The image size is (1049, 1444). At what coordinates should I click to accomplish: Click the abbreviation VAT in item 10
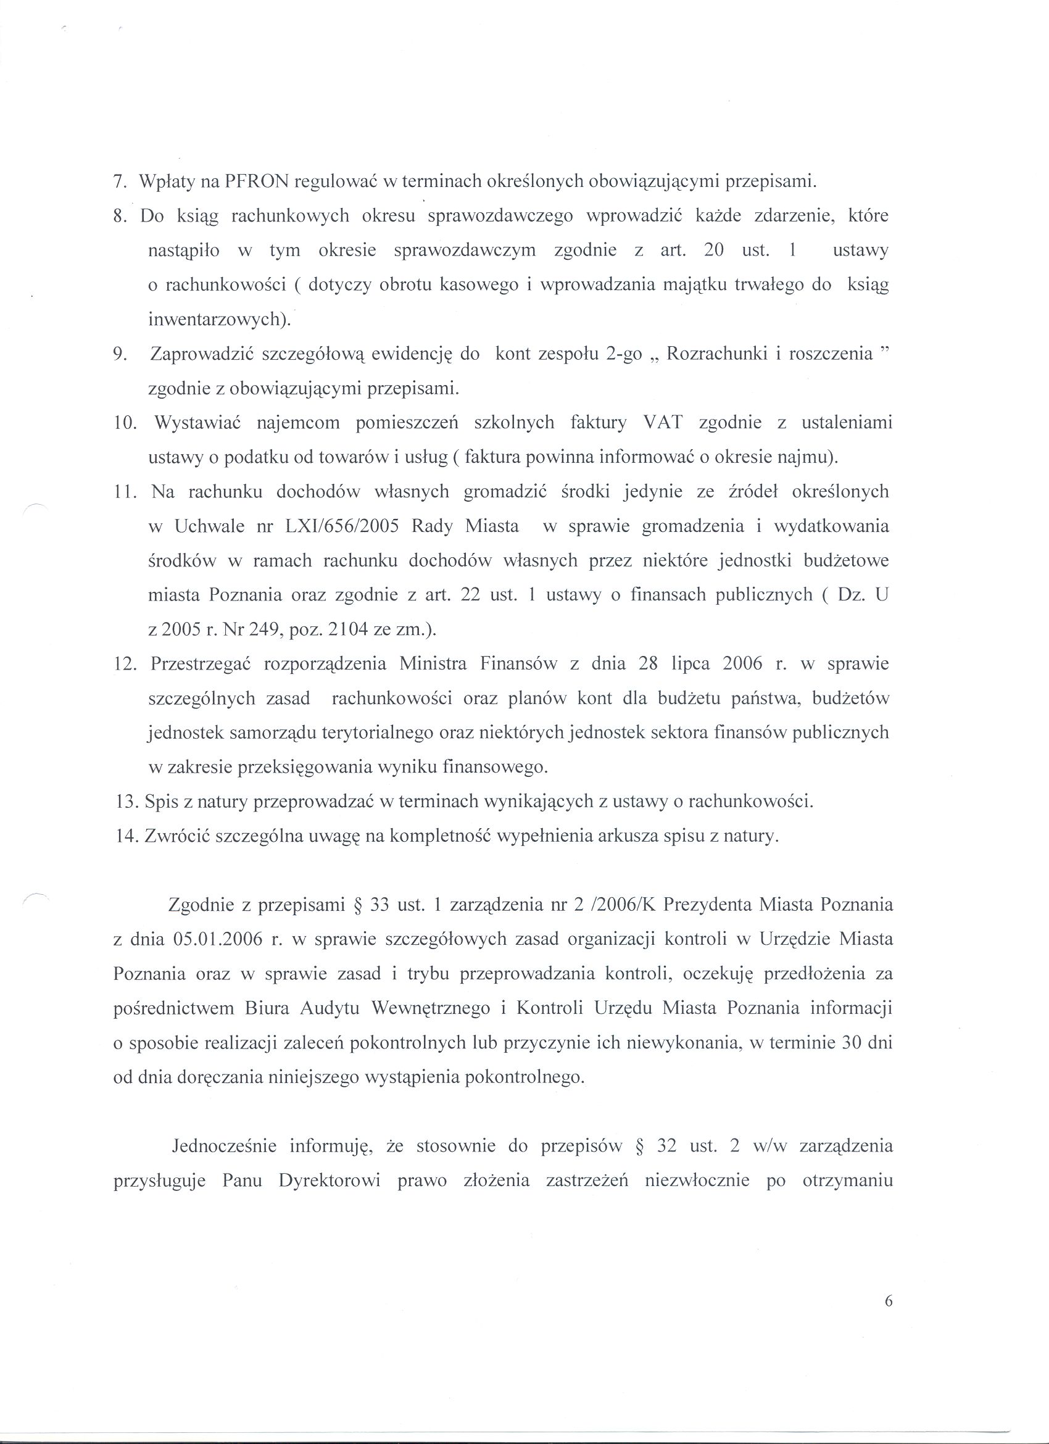(663, 423)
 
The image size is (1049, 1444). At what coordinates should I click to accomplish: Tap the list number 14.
(126, 836)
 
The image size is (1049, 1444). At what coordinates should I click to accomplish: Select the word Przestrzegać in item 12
(202, 664)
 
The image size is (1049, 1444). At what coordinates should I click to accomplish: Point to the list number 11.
(125, 492)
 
